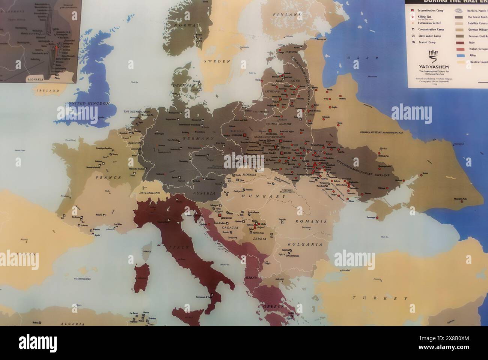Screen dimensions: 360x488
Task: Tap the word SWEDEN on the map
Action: [217, 61]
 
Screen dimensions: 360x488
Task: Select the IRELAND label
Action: [48, 91]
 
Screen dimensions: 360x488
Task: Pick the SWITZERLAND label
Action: [150, 193]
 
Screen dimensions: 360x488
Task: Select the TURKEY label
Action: [380, 298]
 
